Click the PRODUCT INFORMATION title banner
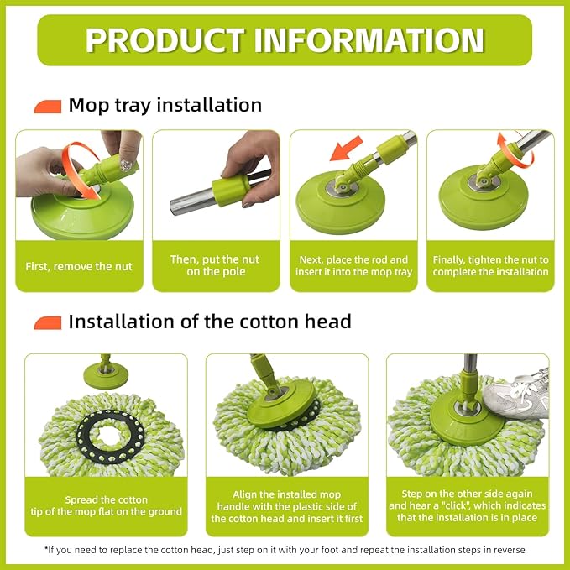[x=285, y=39]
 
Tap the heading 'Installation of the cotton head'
[x=209, y=322]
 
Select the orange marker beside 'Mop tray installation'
[x=48, y=107]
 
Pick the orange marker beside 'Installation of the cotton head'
[x=48, y=322]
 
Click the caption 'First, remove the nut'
[x=80, y=266]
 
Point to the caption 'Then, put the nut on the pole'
[x=216, y=266]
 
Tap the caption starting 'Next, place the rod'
[x=353, y=266]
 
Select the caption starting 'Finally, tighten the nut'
[x=490, y=266]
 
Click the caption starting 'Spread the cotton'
[x=105, y=506]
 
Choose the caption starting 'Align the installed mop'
[x=286, y=507]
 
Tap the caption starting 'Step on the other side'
[x=467, y=506]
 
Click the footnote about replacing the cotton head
[x=285, y=550]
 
